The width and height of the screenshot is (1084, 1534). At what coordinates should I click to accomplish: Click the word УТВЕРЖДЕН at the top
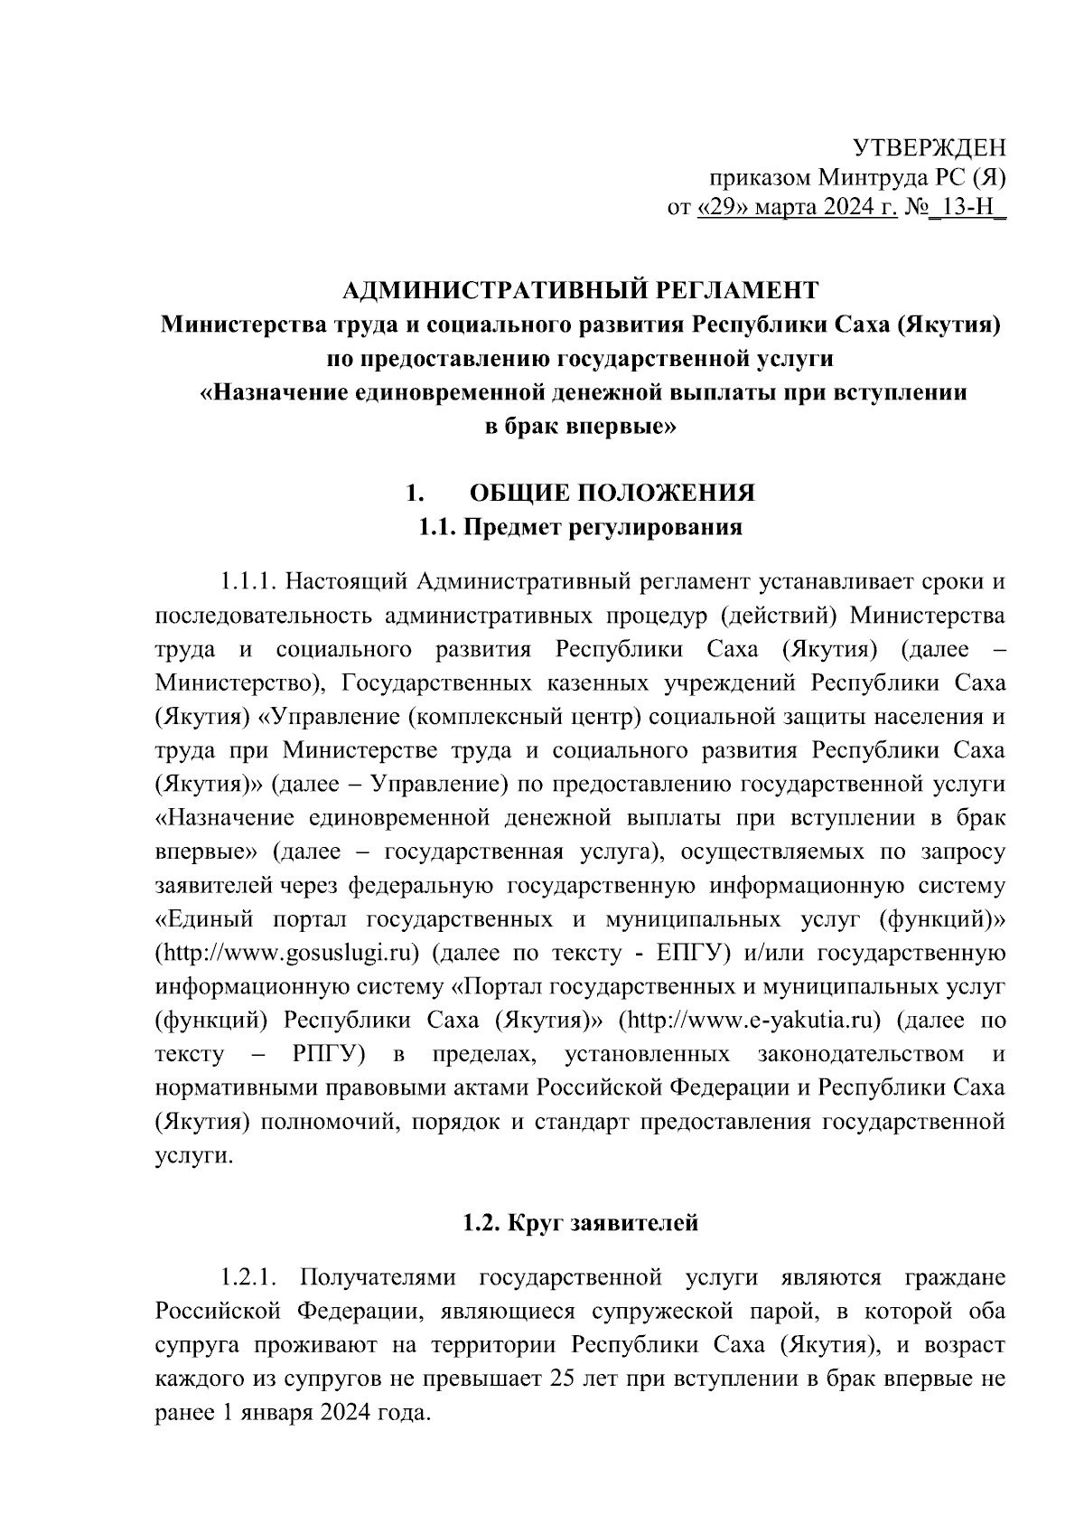(930, 147)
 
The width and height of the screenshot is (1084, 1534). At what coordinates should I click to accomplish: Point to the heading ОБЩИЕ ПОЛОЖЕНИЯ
(612, 494)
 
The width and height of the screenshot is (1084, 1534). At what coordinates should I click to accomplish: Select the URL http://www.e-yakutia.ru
(749, 1021)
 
